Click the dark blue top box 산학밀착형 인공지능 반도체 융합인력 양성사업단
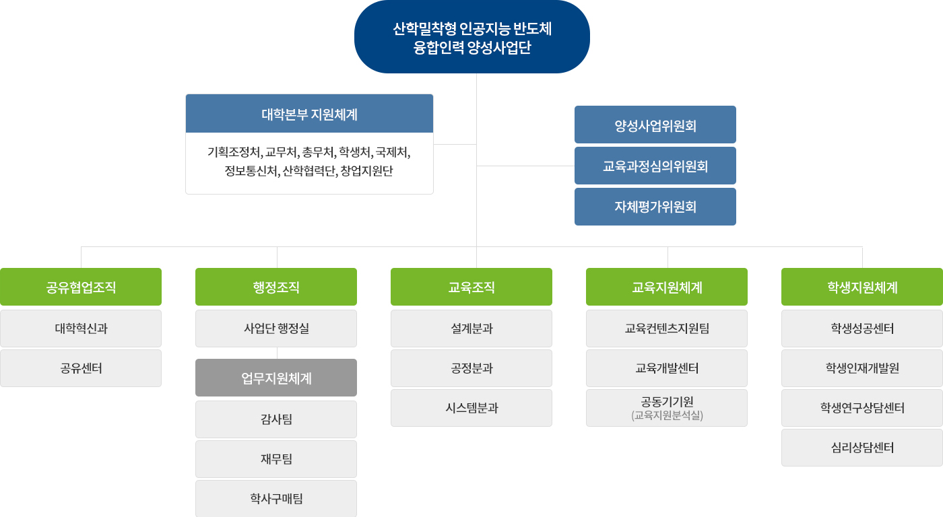(472, 37)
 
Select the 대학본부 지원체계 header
(309, 114)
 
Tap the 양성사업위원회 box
(655, 125)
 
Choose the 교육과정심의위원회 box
(655, 166)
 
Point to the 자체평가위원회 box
(655, 207)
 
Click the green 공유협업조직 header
(81, 287)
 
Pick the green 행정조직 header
(276, 287)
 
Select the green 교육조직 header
(471, 287)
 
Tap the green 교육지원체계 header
(667, 287)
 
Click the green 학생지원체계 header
(862, 287)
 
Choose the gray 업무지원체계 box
(276, 378)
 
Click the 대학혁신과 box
(81, 329)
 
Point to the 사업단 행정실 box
(276, 329)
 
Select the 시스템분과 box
(471, 408)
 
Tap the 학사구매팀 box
(276, 499)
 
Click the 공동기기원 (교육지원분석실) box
(667, 408)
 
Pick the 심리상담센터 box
(862, 448)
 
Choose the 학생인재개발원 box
(862, 368)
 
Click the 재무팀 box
(276, 459)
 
